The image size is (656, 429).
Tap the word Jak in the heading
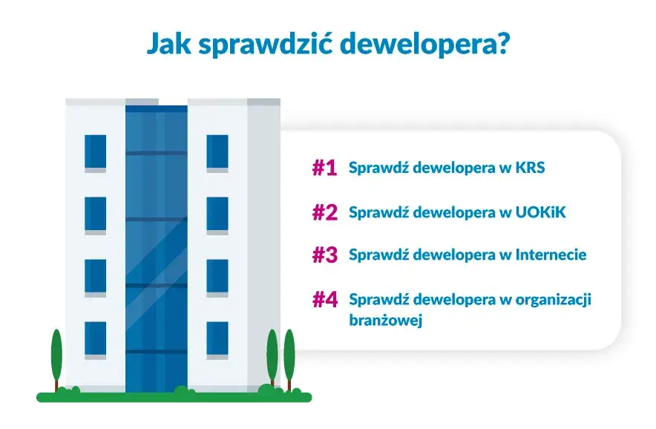click(x=164, y=45)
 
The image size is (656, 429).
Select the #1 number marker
click(x=324, y=168)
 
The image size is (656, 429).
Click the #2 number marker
click(x=324, y=213)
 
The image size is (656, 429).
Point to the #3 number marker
click(x=324, y=255)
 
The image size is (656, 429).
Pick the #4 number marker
click(x=324, y=300)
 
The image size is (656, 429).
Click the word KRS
click(x=528, y=168)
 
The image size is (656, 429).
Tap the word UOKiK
click(x=539, y=212)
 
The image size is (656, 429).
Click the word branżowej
click(x=385, y=322)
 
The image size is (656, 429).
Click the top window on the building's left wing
click(x=95, y=152)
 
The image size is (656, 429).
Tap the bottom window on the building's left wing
click(x=95, y=338)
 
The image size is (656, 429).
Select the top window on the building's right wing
click(x=217, y=152)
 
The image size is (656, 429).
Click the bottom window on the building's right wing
click(x=217, y=338)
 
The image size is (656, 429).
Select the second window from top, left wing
click(x=95, y=214)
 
